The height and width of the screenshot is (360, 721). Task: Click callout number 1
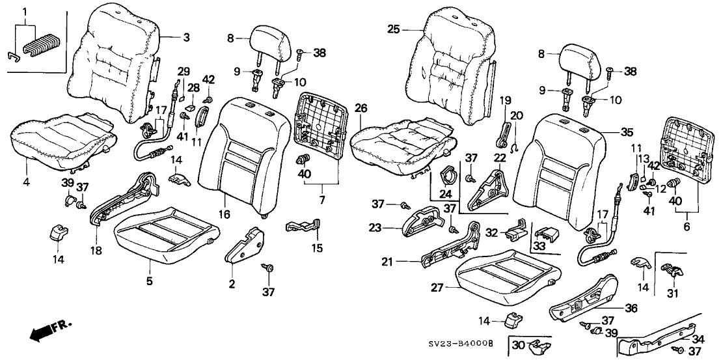(x=25, y=12)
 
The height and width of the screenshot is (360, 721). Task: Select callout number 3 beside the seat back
(x=186, y=38)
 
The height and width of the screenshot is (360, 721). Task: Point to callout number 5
(x=150, y=281)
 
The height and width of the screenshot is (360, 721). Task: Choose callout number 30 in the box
(x=518, y=344)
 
